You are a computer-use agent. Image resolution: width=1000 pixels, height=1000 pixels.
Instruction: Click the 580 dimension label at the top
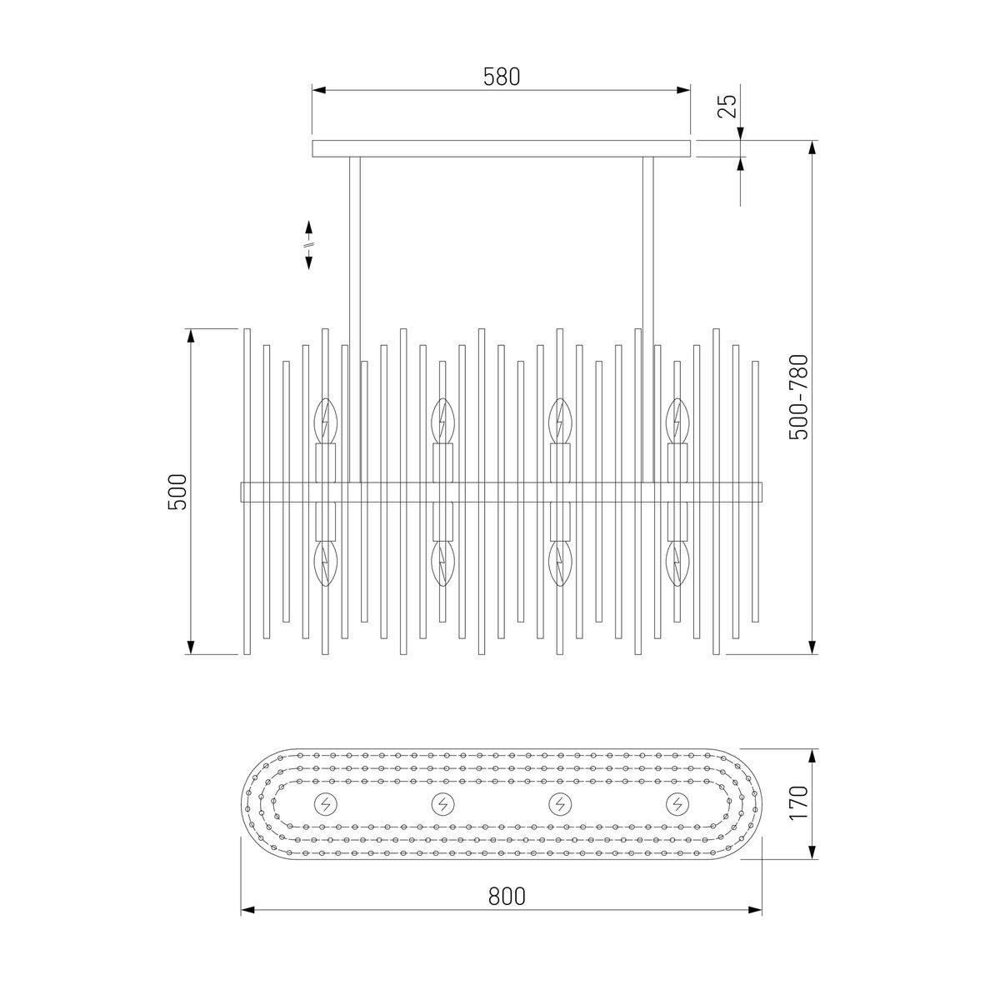(502, 77)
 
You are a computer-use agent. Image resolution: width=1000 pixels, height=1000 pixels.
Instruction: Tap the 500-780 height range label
(798, 397)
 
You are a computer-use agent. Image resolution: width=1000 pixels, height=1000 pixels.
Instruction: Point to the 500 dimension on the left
(177, 492)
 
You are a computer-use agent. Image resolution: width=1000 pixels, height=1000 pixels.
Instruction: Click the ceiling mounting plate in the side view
(501, 148)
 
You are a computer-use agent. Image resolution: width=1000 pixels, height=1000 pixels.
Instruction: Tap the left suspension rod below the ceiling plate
(355, 320)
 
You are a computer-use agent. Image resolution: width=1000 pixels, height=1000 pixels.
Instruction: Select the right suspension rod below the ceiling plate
(648, 320)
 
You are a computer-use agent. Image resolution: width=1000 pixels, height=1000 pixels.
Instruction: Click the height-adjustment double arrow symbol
(309, 245)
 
